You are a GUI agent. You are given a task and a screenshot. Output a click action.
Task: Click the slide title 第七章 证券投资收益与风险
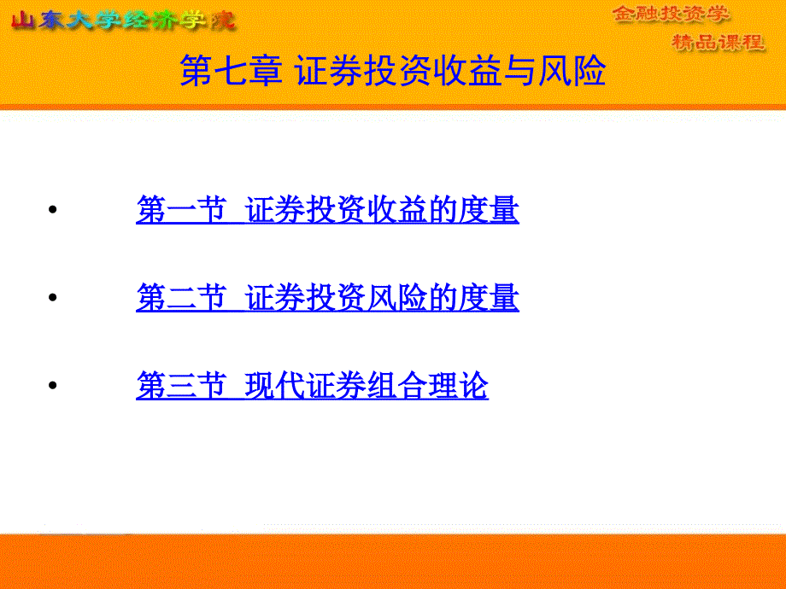click(x=393, y=71)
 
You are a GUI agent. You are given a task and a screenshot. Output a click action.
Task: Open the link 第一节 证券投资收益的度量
click(x=327, y=209)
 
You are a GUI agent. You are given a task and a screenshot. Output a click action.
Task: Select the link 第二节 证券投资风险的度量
click(x=327, y=298)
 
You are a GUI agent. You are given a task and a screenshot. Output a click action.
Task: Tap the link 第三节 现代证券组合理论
click(x=313, y=385)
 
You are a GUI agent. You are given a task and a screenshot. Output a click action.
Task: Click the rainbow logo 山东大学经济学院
click(x=123, y=20)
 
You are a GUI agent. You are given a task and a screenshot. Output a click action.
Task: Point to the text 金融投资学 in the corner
click(x=671, y=14)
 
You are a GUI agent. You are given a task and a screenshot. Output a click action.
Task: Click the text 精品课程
click(x=719, y=43)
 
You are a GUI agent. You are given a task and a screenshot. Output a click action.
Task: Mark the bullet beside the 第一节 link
click(x=53, y=209)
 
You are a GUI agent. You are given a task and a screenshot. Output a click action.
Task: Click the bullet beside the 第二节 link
click(x=53, y=298)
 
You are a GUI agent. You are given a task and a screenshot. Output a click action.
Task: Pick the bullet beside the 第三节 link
click(x=53, y=385)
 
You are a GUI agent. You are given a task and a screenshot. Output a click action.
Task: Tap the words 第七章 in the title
click(x=231, y=71)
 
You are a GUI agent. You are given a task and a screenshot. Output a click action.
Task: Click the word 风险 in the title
click(x=572, y=71)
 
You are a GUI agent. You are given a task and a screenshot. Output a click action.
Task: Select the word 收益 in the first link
click(x=397, y=209)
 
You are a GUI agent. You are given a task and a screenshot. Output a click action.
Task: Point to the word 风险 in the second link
click(x=397, y=298)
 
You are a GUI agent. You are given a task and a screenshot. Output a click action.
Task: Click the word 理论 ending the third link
click(x=459, y=385)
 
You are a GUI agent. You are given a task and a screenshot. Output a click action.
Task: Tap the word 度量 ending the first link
click(x=489, y=209)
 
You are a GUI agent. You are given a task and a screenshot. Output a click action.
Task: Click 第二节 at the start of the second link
click(x=181, y=298)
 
